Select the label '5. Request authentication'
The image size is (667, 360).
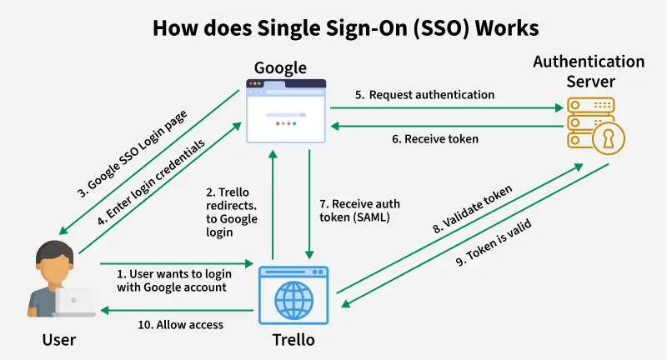424,95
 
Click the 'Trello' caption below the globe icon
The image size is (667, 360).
293,340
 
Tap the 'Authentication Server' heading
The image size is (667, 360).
589,72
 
